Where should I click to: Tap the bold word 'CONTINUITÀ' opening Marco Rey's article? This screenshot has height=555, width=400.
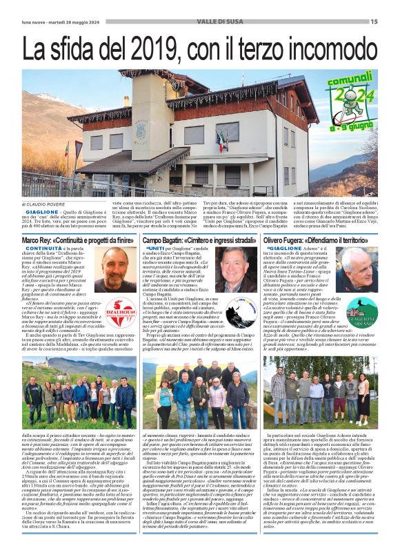pyautogui.click(x=43, y=247)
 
